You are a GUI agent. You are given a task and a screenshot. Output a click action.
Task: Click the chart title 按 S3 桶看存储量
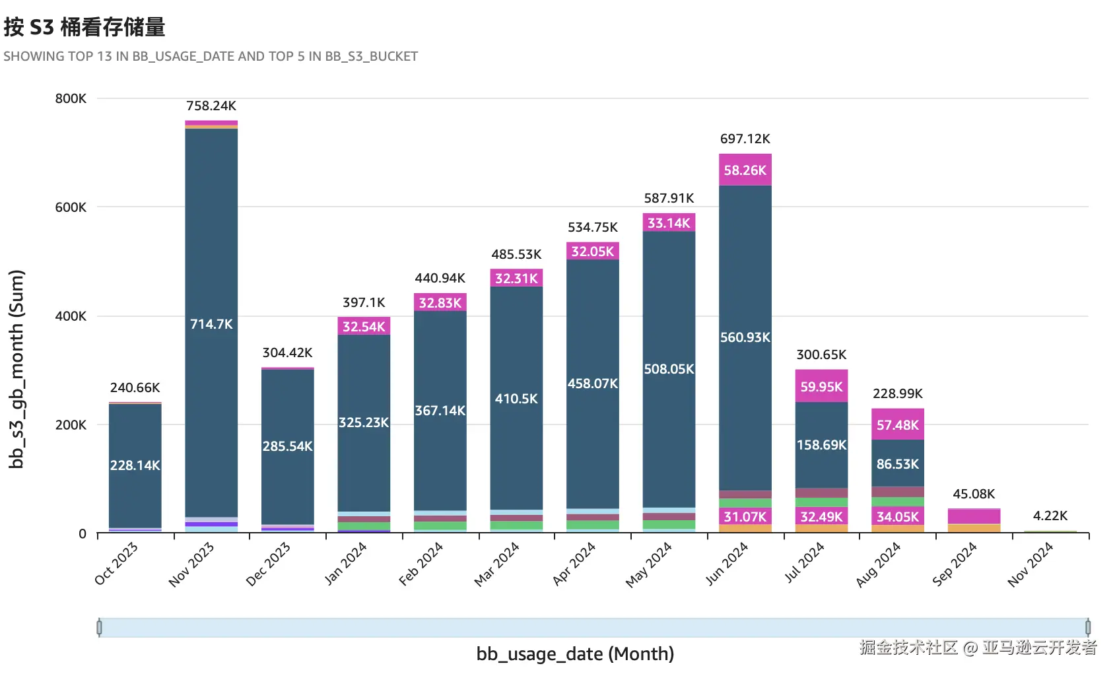84,27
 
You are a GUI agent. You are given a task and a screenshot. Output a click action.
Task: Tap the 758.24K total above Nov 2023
211,106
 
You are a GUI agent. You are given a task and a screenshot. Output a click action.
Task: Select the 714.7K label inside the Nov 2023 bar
211,324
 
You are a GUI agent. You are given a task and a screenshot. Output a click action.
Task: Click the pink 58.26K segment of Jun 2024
745,170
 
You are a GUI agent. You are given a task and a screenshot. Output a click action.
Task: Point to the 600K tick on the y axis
71,207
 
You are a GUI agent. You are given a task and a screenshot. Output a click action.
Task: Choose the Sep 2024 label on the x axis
955,564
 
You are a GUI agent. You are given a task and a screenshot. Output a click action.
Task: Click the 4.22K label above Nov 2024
1050,516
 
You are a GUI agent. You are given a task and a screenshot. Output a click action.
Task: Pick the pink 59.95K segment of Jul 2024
821,387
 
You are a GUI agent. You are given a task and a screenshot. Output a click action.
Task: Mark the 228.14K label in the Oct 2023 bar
135,465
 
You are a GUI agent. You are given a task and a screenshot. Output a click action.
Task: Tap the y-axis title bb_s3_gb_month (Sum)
17,369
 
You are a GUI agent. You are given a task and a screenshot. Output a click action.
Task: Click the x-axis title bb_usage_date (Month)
575,654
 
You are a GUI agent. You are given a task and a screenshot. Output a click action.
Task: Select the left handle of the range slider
99,627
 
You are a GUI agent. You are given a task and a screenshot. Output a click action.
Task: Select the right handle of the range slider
1088,627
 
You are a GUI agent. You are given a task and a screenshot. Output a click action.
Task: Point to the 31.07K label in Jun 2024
745,517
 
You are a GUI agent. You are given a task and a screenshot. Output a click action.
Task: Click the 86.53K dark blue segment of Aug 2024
898,464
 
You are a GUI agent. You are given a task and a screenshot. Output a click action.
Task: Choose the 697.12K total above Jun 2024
745,139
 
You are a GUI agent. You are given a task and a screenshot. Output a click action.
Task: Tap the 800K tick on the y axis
71,98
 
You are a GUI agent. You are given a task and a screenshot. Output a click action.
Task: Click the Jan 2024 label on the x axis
345,564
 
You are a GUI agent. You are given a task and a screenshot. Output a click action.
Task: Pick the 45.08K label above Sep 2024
974,494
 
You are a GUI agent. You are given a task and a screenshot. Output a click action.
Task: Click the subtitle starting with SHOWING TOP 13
211,56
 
